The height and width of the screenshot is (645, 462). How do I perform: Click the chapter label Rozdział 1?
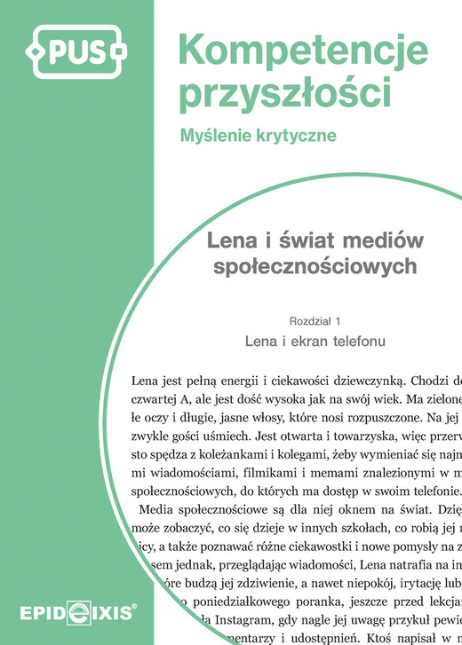(315, 320)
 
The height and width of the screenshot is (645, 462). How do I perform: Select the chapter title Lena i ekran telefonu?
(315, 340)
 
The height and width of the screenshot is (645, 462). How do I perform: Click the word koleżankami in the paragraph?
(231, 457)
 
